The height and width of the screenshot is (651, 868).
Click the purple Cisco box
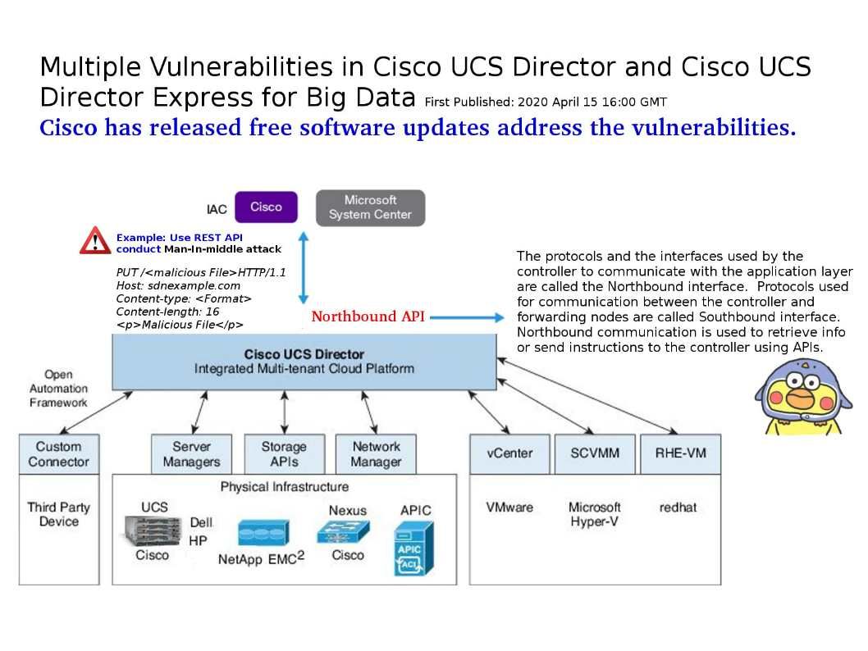click(x=266, y=207)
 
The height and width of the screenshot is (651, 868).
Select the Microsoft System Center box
click(x=370, y=207)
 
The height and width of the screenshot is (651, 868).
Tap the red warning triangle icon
click(x=95, y=241)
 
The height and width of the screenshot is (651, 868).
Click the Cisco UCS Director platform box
click(x=304, y=362)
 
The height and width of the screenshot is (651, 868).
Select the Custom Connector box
click(x=58, y=454)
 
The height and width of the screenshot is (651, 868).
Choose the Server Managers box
click(x=191, y=454)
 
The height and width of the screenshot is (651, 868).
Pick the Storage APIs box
click(x=284, y=454)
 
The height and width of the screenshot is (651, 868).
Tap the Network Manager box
click(x=376, y=454)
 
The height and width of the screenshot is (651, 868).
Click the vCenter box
click(x=509, y=453)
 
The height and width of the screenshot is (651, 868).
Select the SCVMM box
click(x=594, y=453)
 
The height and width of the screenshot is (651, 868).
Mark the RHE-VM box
click(x=680, y=453)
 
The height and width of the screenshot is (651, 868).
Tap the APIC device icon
click(x=413, y=548)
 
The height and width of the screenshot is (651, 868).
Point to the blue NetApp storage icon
click(x=263, y=534)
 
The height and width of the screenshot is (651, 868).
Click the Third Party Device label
click(x=58, y=514)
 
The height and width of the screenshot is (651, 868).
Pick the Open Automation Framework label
click(x=58, y=389)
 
